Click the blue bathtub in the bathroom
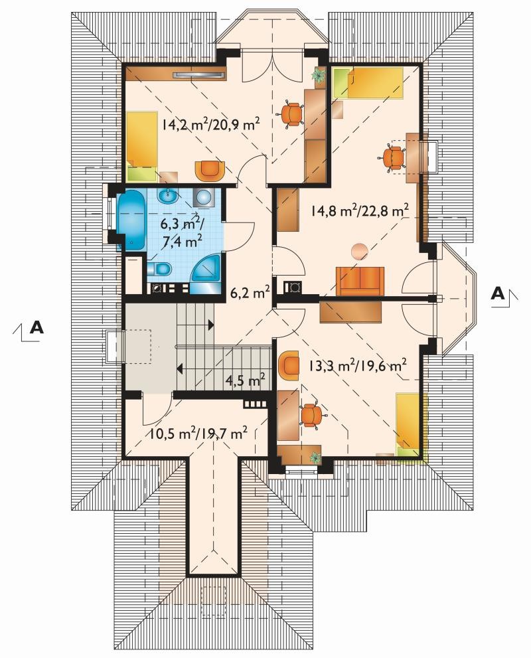tap(131, 220)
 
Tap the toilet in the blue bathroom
tap(159, 268)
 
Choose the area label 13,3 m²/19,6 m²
tap(357, 365)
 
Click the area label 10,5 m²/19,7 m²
tap(198, 433)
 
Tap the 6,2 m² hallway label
tap(250, 292)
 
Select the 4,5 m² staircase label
tap(246, 381)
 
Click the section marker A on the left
tap(37, 327)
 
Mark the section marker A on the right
tap(498, 293)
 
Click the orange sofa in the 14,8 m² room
tap(360, 282)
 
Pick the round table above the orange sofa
tap(359, 252)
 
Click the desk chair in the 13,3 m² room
tap(311, 414)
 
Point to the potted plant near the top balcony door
tap(319, 76)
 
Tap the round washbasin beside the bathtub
tap(169, 195)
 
